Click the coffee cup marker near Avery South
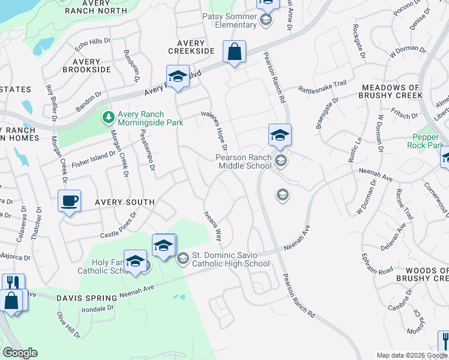coord(70,200)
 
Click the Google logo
coord(20,353)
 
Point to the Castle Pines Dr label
coord(119,222)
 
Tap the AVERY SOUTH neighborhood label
coord(124,203)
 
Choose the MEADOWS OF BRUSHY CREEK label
coord(397,91)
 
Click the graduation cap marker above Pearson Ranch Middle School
coord(280,136)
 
